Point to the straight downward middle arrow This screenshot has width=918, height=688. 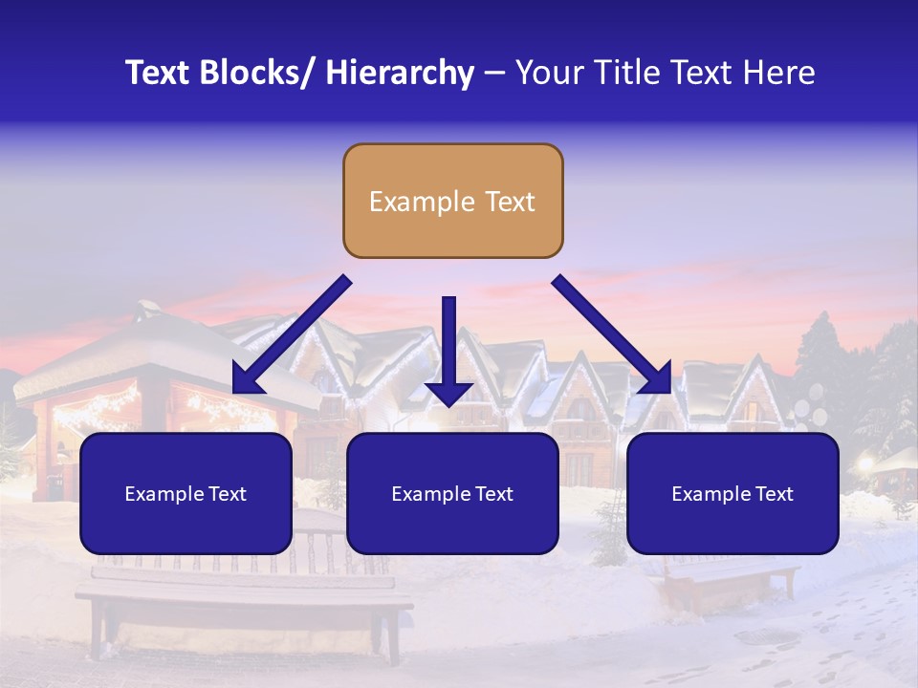coord(448,349)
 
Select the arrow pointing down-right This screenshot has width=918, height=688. coord(612,334)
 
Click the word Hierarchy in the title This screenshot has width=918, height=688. coord(400,73)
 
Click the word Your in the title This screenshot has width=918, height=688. coord(548,73)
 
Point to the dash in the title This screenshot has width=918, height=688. coord(494,74)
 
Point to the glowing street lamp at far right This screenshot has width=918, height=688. coord(865,464)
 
